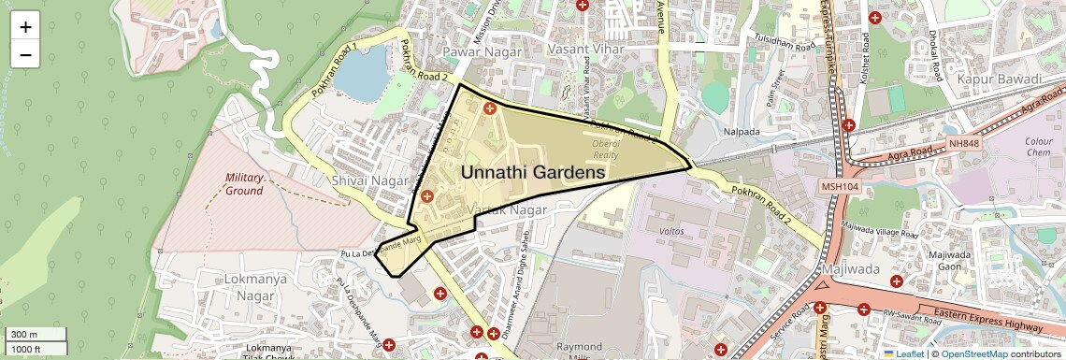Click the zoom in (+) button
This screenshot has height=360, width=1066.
pos(25,26)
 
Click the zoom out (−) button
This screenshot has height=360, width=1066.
pos(25,54)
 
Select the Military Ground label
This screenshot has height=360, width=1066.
pos(244,183)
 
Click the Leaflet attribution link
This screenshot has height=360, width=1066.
pos(904,353)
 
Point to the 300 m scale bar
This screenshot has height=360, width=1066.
pos(34,335)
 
